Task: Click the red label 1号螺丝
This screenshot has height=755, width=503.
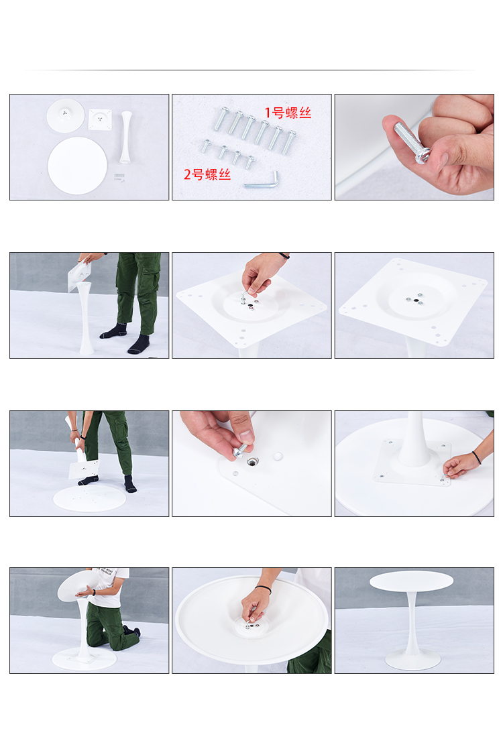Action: pyautogui.click(x=288, y=113)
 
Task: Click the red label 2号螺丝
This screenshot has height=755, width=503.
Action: pyautogui.click(x=207, y=174)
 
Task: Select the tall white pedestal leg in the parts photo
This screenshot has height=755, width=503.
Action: pyautogui.click(x=126, y=137)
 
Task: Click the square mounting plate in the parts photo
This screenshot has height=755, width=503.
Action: pyautogui.click(x=100, y=119)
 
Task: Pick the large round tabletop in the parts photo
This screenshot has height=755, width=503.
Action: pyautogui.click(x=77, y=166)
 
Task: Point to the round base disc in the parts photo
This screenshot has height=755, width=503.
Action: pyautogui.click(x=66, y=115)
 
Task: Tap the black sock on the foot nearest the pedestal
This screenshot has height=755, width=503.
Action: pyautogui.click(x=114, y=331)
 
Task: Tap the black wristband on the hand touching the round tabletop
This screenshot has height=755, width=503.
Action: pyautogui.click(x=476, y=457)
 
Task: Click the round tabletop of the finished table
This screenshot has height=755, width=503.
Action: pyautogui.click(x=412, y=581)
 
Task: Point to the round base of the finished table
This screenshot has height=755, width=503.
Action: pyautogui.click(x=412, y=662)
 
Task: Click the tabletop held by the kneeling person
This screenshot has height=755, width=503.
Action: pyautogui.click(x=80, y=585)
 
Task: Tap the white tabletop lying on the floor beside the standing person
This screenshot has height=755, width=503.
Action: pyautogui.click(x=89, y=498)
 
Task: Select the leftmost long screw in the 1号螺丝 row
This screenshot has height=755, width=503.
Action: pyautogui.click(x=221, y=119)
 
